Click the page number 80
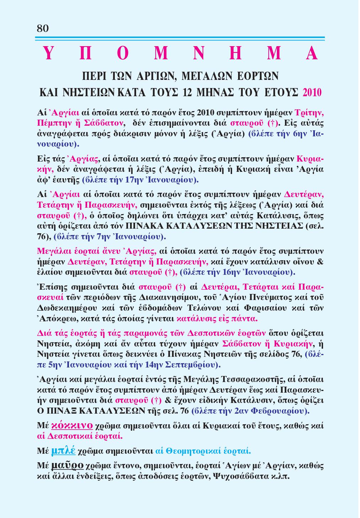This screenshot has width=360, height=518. (43, 28)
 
